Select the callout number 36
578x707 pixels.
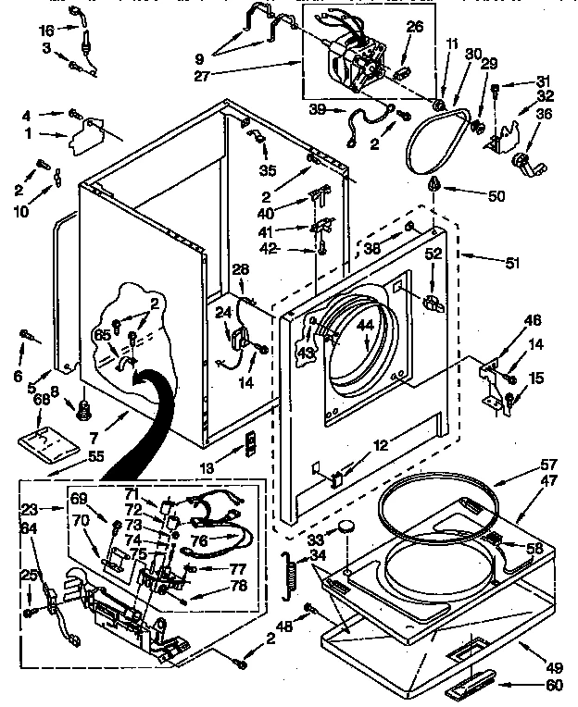pos(544,115)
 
